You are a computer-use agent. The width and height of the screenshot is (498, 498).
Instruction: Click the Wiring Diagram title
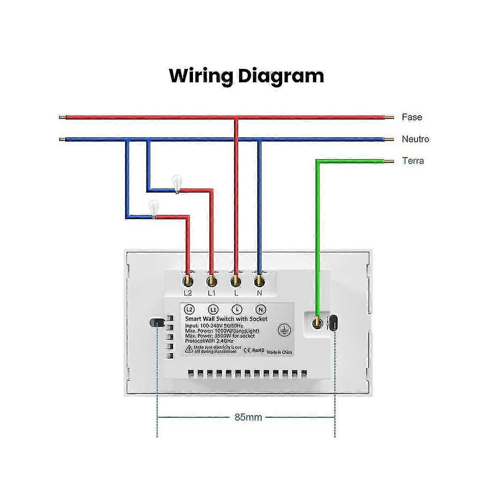[x=247, y=76]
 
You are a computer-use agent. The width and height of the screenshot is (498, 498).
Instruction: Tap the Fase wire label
[x=412, y=117]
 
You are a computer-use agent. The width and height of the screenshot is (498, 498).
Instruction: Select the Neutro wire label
[x=415, y=139]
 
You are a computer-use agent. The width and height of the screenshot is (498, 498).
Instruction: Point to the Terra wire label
[x=413, y=161]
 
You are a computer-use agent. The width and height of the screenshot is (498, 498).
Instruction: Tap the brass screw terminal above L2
[x=188, y=281]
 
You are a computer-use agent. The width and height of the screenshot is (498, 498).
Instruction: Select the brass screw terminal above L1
[x=212, y=281]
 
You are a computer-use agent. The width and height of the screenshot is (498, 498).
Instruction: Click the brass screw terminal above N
[x=259, y=281]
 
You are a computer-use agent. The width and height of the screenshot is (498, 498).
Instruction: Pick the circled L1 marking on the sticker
[x=213, y=310]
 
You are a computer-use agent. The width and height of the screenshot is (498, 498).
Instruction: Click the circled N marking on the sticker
[x=261, y=310]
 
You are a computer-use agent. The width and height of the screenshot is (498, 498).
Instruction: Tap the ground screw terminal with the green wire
[x=317, y=322]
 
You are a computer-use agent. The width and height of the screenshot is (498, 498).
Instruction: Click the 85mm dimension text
[x=248, y=417]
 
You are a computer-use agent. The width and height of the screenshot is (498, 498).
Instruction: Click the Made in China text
[x=279, y=352]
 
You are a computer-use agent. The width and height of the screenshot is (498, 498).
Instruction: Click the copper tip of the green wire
[x=388, y=161]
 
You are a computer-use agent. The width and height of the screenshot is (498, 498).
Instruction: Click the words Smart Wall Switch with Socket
[x=226, y=319]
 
